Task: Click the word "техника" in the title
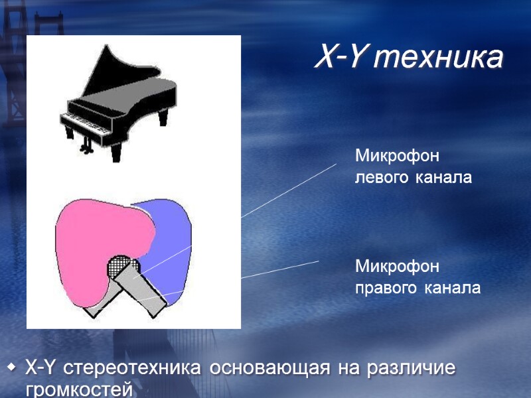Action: (x=437, y=58)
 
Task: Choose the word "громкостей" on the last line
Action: (x=79, y=389)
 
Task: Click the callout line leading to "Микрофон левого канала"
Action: (x=289, y=190)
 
